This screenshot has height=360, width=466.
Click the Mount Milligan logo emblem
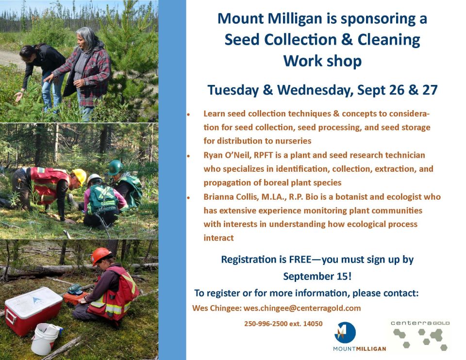click(x=345, y=332)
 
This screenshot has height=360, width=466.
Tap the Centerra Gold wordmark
click(x=420, y=323)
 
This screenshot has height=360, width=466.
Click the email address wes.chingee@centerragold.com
click(x=302, y=308)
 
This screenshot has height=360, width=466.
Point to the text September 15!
click(x=317, y=277)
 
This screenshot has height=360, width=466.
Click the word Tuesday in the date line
click(x=233, y=90)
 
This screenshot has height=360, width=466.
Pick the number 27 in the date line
click(x=430, y=90)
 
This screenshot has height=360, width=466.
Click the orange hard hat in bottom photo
click(x=101, y=256)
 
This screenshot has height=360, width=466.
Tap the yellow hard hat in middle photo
click(x=80, y=176)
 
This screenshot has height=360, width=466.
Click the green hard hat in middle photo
click(x=116, y=167)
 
